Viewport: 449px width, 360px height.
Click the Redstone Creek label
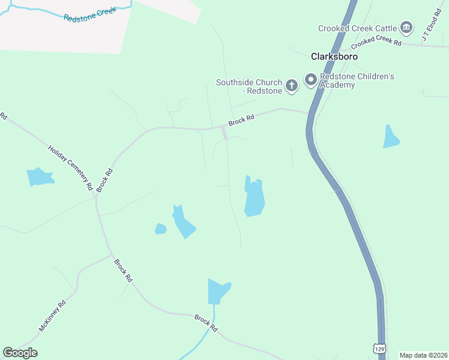[89, 13]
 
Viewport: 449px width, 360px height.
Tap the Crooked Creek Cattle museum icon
[406, 28]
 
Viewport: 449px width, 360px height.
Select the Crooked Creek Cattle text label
[357, 28]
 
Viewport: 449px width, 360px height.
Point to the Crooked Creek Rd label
[376, 42]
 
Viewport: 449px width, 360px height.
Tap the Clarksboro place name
[334, 56]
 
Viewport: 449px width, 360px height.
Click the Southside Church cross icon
[291, 86]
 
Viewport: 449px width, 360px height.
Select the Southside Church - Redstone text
[249, 86]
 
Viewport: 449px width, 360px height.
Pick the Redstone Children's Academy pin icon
[311, 80]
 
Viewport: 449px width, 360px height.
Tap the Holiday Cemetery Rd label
[70, 168]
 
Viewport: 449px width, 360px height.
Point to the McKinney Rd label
[52, 316]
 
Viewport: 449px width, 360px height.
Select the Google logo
[20, 353]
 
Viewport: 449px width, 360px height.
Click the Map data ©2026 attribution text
[423, 355]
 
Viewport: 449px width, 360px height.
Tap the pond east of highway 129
[391, 138]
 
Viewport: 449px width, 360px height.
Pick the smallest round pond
[160, 229]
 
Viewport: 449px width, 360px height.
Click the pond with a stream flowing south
[218, 292]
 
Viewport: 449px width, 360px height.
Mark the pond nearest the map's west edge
[40, 177]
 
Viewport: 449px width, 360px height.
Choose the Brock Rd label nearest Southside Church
[241, 121]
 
